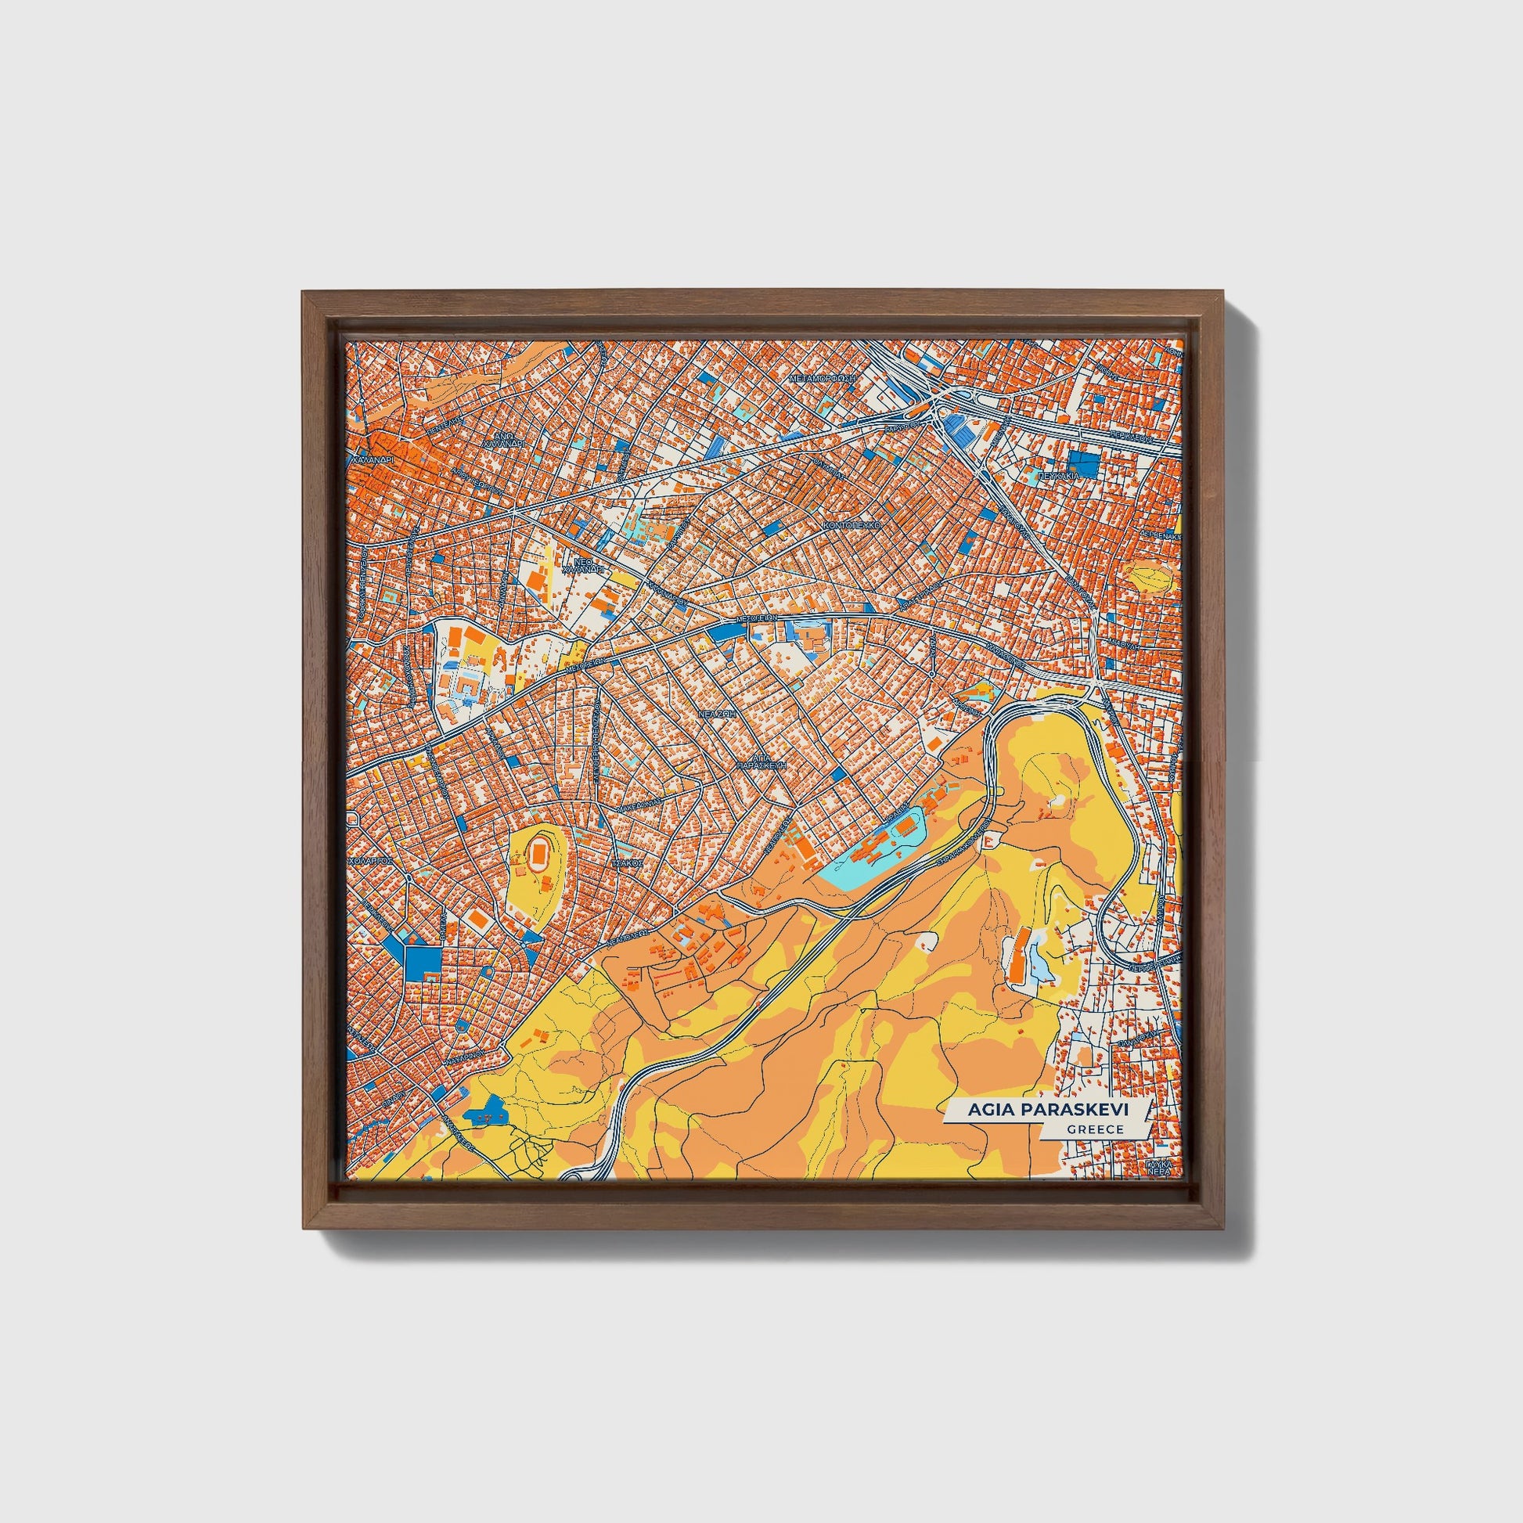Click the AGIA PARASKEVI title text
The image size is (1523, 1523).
pos(1048,1109)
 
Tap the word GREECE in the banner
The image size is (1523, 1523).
pos(1095,1129)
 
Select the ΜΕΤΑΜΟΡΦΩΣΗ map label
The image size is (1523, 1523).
pos(823,378)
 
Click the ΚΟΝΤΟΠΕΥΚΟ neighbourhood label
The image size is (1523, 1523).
pos(850,524)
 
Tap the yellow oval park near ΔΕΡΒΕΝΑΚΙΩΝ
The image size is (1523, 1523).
pos(1150,576)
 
